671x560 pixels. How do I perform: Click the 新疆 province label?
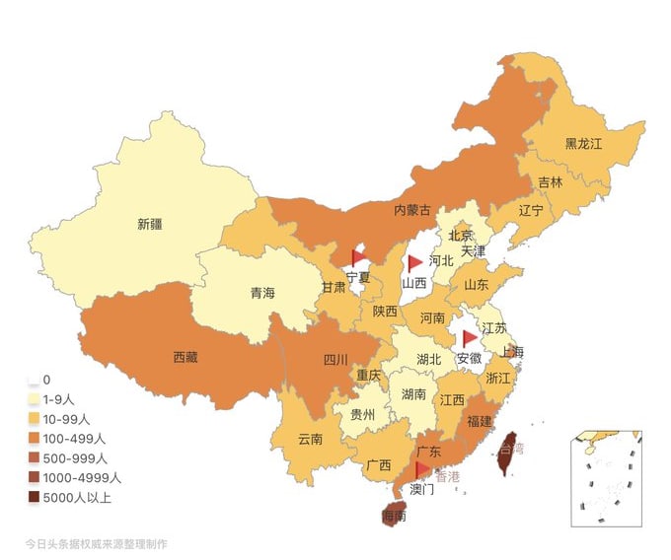pos(150,224)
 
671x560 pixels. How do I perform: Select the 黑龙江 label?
pos(583,143)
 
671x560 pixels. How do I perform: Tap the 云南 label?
pos(310,439)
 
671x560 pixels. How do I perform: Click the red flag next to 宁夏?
pos(358,257)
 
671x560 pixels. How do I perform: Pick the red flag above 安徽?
pos(470,338)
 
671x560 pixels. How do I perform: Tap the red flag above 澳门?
pos(422,468)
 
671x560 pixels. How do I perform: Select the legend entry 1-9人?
pos(67,399)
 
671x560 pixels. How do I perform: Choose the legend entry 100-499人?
pos(75,439)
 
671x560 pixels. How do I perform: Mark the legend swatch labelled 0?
pos(34,380)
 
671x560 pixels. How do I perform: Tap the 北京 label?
pos(461,235)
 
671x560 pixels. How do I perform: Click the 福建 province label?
pos(480,421)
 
